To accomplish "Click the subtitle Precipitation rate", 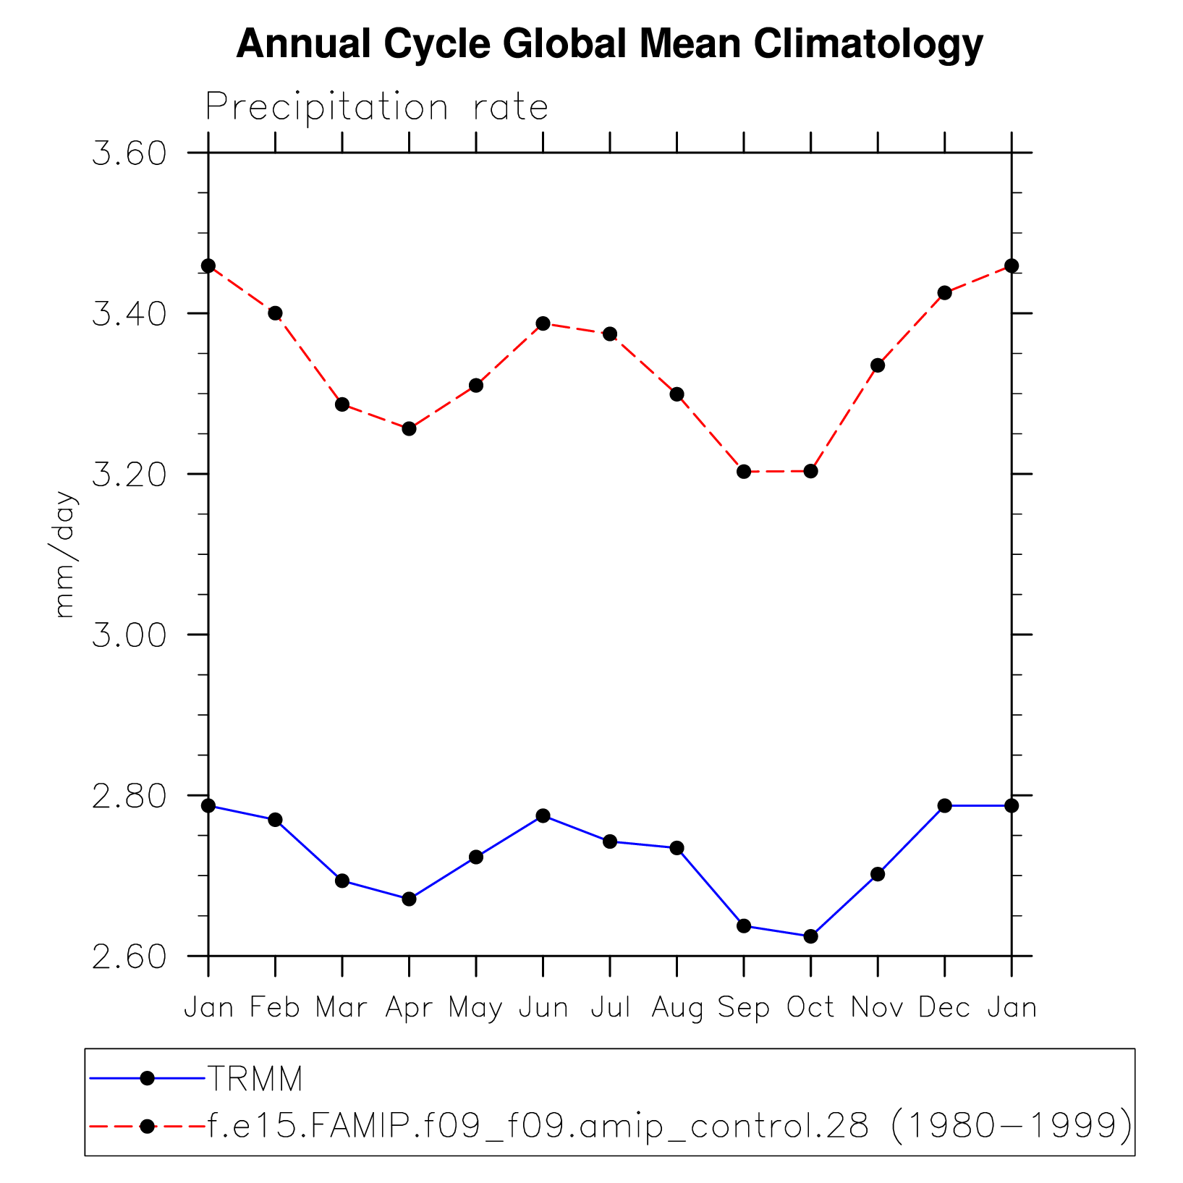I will (376, 108).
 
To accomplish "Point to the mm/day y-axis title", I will (65, 554).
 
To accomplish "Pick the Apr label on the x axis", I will (409, 1008).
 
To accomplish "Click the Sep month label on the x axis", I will (744, 1008).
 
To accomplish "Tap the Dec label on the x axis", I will (944, 1008).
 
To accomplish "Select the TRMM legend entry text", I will (255, 1079).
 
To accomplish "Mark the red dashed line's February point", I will (275, 313).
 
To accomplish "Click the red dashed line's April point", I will (409, 428).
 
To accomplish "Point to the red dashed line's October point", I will (810, 471).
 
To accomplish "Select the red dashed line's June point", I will (543, 323).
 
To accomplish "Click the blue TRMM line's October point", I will (810, 936).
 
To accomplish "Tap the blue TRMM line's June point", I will (543, 816).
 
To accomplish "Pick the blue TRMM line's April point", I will (409, 899).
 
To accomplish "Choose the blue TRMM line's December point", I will (944, 805).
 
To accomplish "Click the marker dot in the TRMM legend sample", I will (147, 1078).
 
